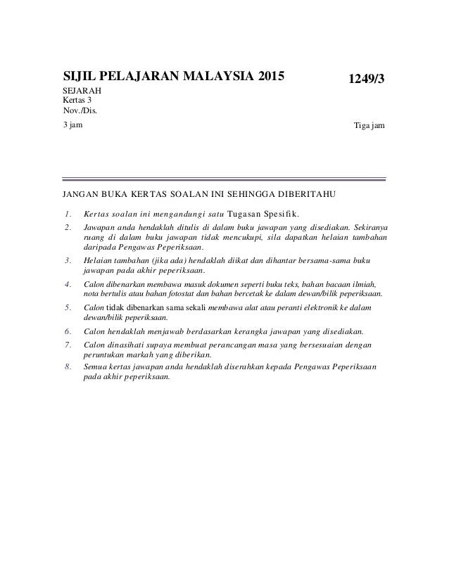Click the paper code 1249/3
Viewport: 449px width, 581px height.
point(363,80)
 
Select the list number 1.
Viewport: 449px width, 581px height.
point(68,214)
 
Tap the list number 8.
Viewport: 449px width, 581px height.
point(68,367)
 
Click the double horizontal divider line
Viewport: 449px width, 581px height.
point(224,179)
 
